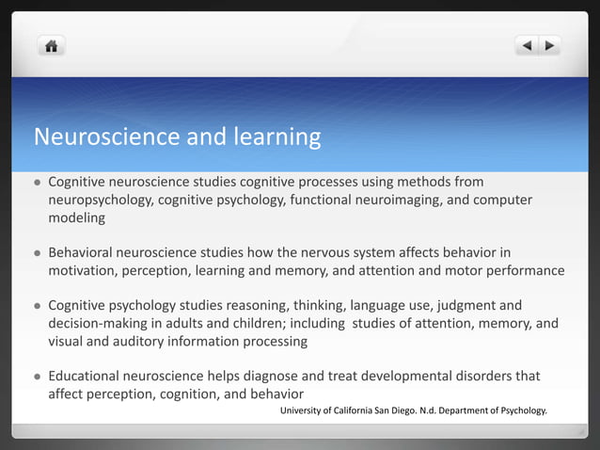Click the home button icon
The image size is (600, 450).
coord(51,45)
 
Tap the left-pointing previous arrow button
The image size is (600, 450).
coord(527,45)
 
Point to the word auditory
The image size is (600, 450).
coord(145,342)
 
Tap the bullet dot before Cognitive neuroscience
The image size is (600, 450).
coord(37,183)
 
